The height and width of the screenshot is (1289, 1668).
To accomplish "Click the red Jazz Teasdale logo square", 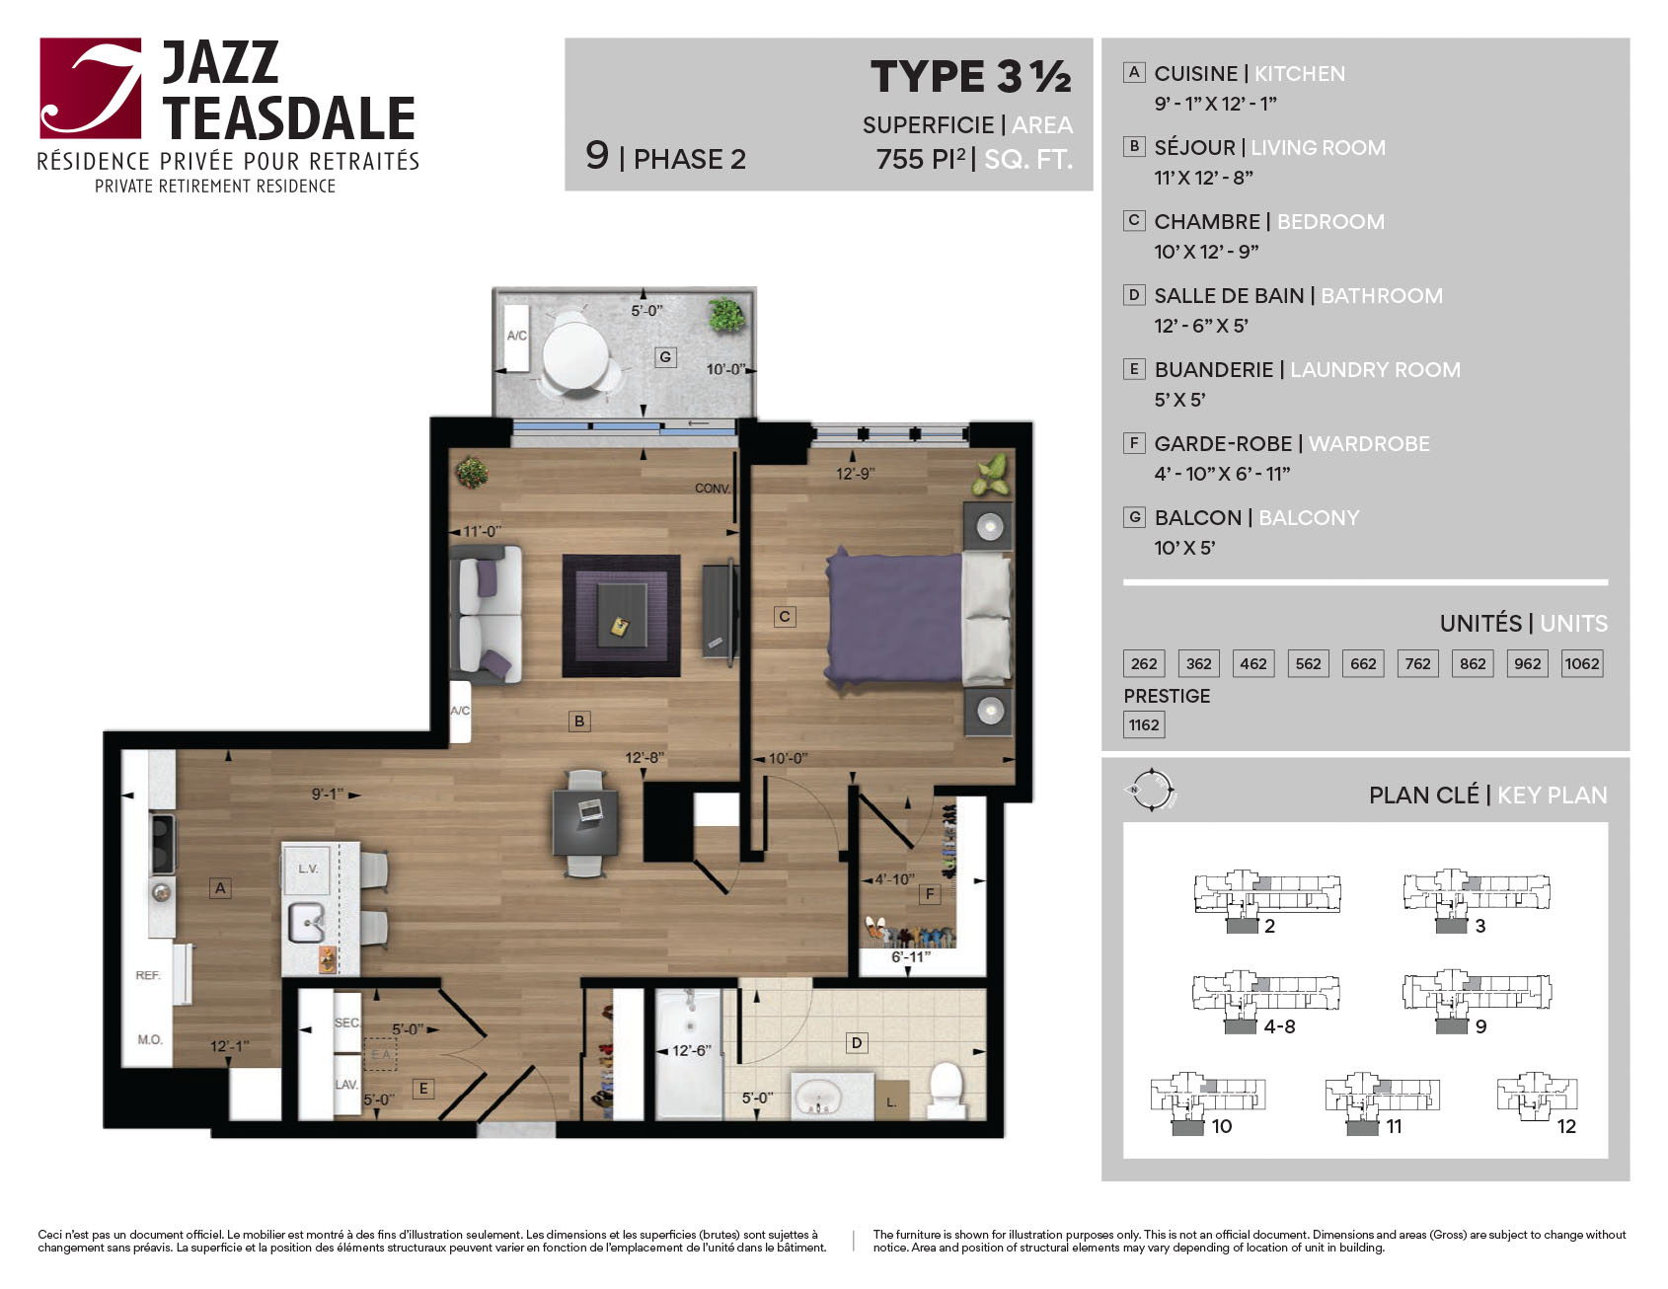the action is pos(91,88).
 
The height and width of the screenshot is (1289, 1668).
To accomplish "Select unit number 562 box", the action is pos(1308,663).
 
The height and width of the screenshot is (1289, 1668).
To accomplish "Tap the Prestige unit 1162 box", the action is pos(1144,724).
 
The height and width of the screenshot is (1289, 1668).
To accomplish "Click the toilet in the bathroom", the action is pos(946,1090).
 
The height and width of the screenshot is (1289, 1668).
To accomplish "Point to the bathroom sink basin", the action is pos(819,1097).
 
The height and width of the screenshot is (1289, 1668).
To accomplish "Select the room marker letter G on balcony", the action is pos(666,356).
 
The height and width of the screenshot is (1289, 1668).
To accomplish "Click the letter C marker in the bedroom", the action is pos(785,617).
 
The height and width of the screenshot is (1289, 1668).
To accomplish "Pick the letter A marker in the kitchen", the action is pos(221,888).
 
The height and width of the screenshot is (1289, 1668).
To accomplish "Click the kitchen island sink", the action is pos(307,923).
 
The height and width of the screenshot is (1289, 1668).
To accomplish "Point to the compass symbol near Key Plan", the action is pos(1151,790).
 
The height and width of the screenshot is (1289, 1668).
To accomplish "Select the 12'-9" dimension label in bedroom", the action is pos(855,474).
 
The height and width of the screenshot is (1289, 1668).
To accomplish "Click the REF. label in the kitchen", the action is pos(148,975).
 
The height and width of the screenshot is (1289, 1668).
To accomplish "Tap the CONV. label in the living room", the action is pos(713,489).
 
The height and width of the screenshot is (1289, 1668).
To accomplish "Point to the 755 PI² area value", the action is pos(921,159).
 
